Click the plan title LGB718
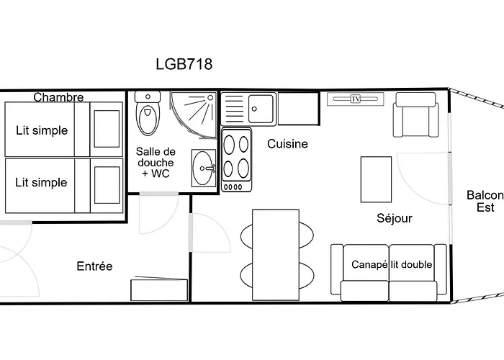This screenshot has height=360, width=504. pos(184,64)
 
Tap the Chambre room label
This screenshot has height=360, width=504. pos(58,97)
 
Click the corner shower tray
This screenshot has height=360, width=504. pos(192,111)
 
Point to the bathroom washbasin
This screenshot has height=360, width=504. pos(204,168)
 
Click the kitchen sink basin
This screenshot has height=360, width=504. pos(261,109)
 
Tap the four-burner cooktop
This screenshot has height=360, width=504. pos(236,156)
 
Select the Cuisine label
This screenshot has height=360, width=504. pos(287,144)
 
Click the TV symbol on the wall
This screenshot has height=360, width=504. pos(355,99)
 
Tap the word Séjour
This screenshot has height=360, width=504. pos(395,218)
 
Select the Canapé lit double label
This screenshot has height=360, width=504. pos(392,265)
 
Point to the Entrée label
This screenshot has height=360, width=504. pos(94,266)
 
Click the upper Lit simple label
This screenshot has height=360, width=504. pos(42,130)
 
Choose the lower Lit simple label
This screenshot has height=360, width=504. pos(41,182)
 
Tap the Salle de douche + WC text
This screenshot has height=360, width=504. pos(156,163)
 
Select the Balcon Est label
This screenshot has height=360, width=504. pos(485,201)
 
